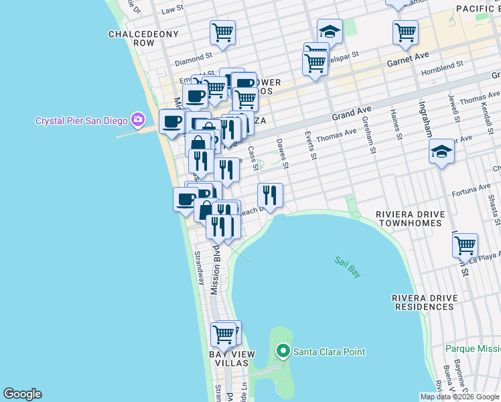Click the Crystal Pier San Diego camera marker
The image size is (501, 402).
[x=138, y=120]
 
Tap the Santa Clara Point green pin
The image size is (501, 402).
[x=283, y=350]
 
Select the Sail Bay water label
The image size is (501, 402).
[x=348, y=267]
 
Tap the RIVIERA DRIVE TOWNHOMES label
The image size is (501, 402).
[x=410, y=220]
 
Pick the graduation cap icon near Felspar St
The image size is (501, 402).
[x=330, y=31]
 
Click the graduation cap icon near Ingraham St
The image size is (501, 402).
[x=442, y=151]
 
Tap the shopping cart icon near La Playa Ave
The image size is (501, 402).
[x=465, y=245]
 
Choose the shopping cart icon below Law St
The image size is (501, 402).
[x=222, y=31]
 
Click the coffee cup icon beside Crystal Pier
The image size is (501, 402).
[x=171, y=121]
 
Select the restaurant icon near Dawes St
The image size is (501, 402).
[x=270, y=195]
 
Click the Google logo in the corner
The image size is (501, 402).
[x=22, y=394]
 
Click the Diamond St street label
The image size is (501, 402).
[x=194, y=60]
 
